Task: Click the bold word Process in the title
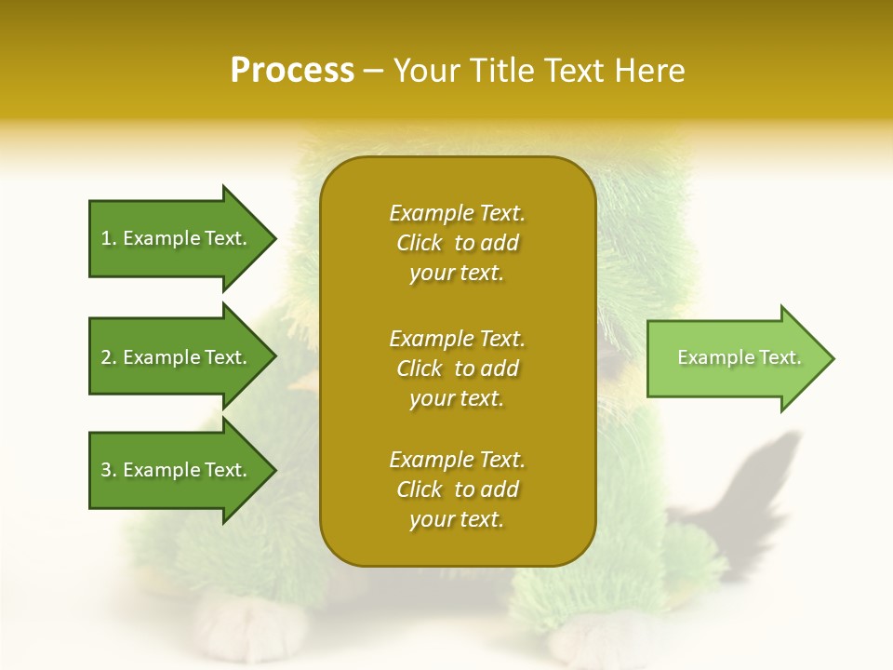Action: [292, 71]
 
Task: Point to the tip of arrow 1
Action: [273, 238]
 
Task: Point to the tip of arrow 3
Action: [273, 470]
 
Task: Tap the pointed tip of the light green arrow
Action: [832, 358]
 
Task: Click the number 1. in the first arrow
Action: [109, 238]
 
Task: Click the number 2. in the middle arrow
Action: [109, 357]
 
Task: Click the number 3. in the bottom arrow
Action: [109, 470]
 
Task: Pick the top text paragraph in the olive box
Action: [457, 243]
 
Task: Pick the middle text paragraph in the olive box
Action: [457, 368]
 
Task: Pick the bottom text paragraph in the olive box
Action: [457, 489]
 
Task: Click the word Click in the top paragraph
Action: [420, 243]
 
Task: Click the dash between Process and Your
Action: [374, 71]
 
